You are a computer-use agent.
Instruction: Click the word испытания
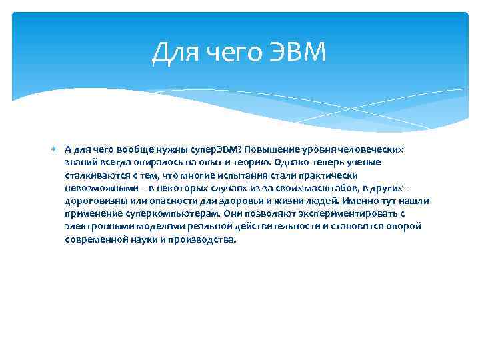(x=243, y=175)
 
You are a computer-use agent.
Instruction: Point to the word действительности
(x=279, y=227)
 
